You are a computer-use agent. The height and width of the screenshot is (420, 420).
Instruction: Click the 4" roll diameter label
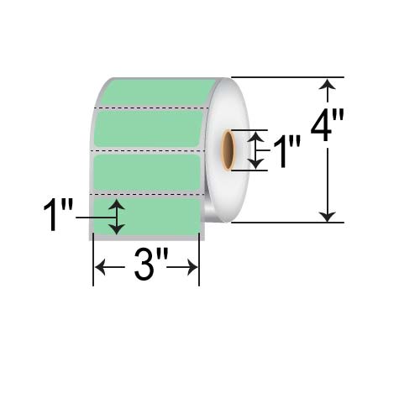(327, 124)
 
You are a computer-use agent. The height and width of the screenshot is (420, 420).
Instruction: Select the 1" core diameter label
(286, 151)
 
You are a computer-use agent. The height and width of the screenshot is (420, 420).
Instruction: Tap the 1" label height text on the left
(58, 214)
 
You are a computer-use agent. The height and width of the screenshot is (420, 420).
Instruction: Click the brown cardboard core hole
(228, 150)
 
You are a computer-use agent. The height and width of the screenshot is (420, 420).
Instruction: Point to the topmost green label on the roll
(157, 92)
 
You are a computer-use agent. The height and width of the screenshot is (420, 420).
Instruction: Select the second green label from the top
(150, 129)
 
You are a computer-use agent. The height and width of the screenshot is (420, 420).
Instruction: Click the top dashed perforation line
(151, 108)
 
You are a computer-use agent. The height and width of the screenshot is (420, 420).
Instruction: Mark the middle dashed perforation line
(149, 150)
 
